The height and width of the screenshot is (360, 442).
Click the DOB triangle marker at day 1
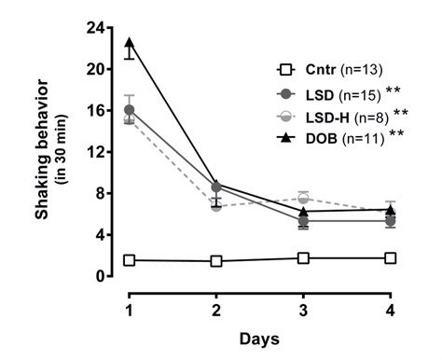click(x=130, y=42)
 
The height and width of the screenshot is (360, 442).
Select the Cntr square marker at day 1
click(x=130, y=260)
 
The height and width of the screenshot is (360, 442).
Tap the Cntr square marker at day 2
click(x=216, y=261)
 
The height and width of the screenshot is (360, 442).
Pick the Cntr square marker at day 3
click(x=303, y=257)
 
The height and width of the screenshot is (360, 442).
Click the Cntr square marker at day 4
click(x=390, y=257)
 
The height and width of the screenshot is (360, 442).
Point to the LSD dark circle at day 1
click(x=130, y=110)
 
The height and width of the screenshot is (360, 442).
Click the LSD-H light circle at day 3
click(x=303, y=198)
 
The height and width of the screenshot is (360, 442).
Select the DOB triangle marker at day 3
click(x=303, y=211)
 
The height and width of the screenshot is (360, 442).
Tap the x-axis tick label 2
click(x=216, y=307)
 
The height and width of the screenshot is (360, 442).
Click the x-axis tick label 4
click(x=390, y=307)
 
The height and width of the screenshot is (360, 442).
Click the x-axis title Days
click(x=259, y=336)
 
